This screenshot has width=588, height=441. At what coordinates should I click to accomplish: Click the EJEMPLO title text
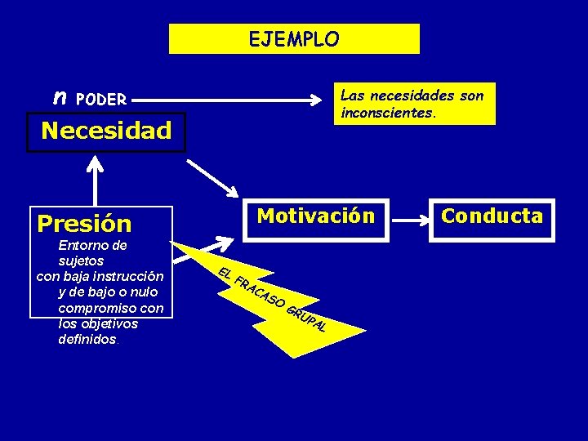pyautogui.click(x=294, y=38)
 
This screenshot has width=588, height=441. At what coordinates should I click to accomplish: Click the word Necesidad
pyautogui.click(x=106, y=131)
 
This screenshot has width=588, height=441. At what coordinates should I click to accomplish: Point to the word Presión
pyautogui.click(x=84, y=223)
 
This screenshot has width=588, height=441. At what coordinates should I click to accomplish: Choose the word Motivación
pyautogui.click(x=316, y=216)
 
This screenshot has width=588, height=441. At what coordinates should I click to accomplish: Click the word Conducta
pyautogui.click(x=492, y=216)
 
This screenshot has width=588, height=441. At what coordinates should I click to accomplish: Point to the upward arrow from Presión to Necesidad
pyautogui.click(x=96, y=180)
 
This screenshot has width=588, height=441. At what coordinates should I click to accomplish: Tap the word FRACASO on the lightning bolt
pyautogui.click(x=259, y=294)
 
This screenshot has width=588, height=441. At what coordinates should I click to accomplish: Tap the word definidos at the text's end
pyautogui.click(x=87, y=339)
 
